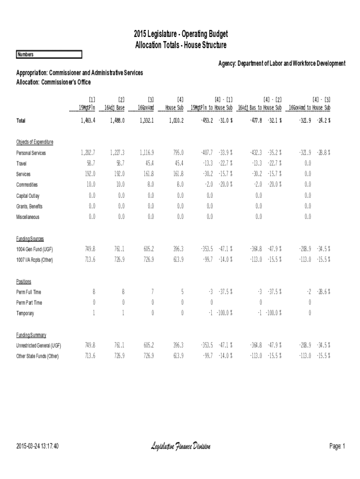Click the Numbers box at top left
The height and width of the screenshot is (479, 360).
coord(49,55)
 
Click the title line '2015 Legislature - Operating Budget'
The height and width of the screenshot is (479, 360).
coord(180,35)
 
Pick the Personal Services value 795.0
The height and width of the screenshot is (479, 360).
coord(178,153)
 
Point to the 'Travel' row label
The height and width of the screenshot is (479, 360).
coord(22,164)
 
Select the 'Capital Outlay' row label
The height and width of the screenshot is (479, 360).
coord(28,196)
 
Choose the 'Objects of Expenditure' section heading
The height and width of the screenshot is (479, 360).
coord(35,142)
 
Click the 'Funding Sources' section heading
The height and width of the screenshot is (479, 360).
coord(30,239)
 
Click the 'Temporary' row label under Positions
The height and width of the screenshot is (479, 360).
coord(25,313)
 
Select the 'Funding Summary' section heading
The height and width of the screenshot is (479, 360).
coord(31,335)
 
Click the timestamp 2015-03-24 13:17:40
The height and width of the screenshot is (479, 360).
coord(37,447)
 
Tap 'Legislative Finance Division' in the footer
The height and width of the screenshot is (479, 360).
coord(180,447)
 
